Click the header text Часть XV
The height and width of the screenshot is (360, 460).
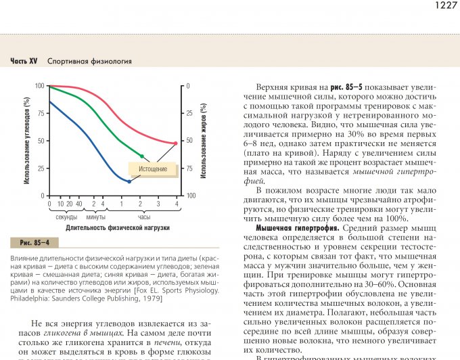(24, 61)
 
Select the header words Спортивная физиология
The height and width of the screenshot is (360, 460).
(89, 61)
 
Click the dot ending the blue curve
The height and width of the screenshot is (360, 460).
(129, 181)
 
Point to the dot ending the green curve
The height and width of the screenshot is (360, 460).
(141, 156)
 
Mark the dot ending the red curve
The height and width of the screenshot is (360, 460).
(176, 143)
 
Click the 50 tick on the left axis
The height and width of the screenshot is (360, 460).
(40, 141)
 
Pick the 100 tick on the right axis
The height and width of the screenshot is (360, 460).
(191, 196)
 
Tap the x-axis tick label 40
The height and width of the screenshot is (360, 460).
(79, 204)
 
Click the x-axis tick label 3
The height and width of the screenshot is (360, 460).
(158, 204)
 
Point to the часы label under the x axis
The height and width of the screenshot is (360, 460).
(144, 217)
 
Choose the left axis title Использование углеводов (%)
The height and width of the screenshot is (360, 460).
(26, 141)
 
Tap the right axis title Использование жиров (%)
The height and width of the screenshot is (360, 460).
(203, 141)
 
